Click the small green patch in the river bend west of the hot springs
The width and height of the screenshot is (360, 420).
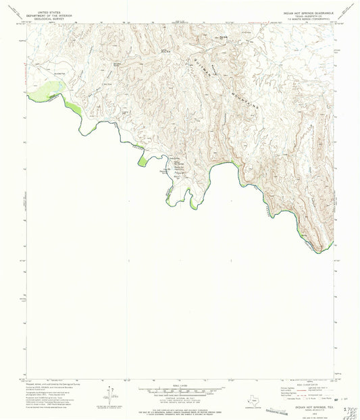[143, 161]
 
